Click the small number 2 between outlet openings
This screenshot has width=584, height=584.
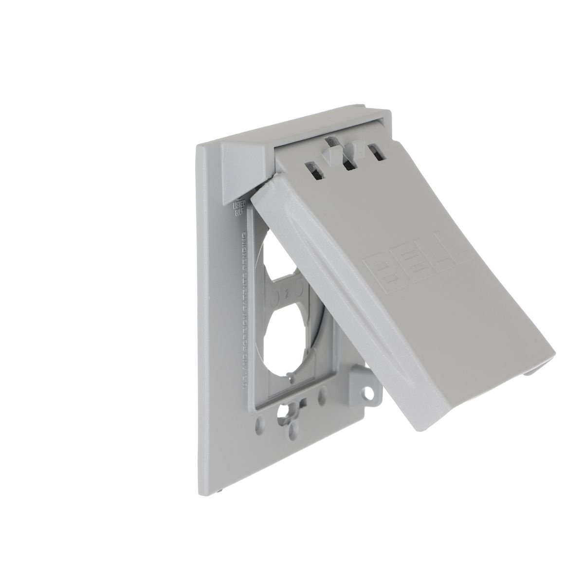click(288, 293)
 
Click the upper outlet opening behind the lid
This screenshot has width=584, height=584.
click(269, 263)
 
